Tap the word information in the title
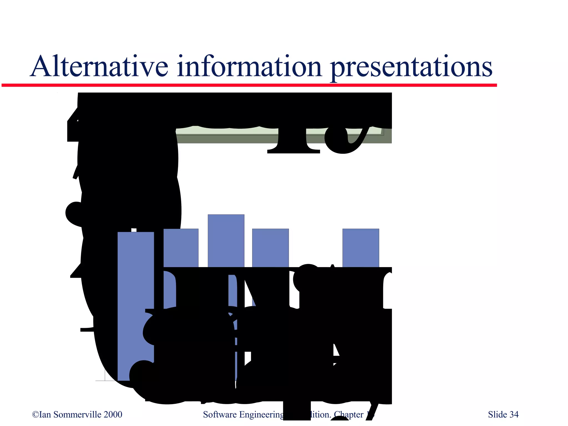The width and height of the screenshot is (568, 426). [x=249, y=67]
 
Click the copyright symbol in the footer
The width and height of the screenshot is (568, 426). [x=35, y=415]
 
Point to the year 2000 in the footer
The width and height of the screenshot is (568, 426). [x=113, y=415]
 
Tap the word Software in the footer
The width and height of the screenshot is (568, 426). [x=220, y=415]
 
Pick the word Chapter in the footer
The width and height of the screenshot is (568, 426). [x=348, y=415]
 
